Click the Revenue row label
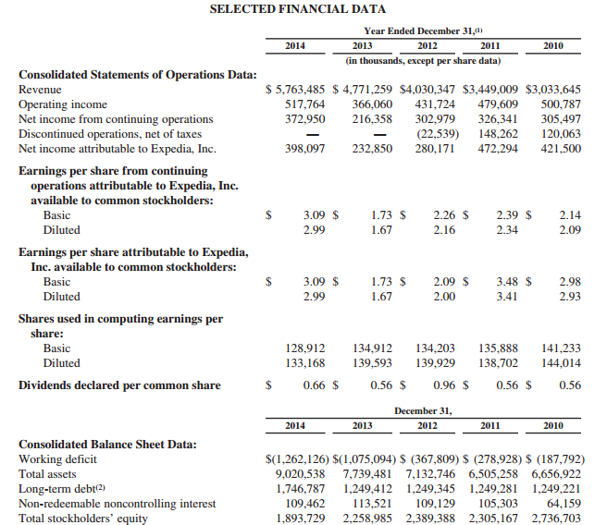point(40,90)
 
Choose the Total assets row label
point(47,474)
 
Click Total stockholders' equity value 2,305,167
point(497,519)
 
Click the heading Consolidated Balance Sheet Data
point(107,444)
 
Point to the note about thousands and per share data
point(423,61)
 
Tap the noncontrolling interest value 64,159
point(564,504)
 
